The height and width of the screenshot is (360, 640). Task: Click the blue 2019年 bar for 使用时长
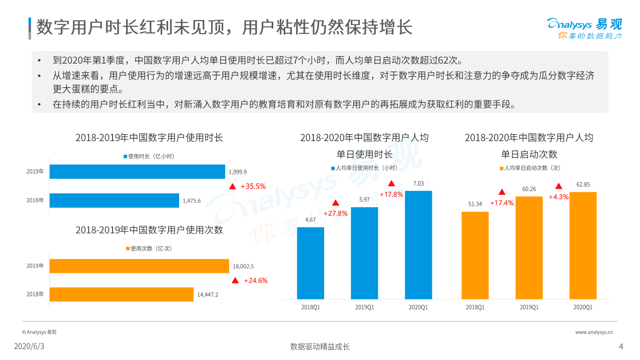[x=137, y=172]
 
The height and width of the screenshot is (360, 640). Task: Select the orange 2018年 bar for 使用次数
[x=121, y=294]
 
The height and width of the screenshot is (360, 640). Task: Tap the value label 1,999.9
[x=238, y=172]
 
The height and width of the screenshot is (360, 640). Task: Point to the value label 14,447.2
[x=208, y=294]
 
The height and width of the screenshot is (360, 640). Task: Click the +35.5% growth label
[x=253, y=186]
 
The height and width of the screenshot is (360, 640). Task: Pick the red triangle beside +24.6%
[x=235, y=280]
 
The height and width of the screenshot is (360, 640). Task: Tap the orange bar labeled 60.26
[x=529, y=247]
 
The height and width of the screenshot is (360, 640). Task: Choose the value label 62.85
[x=583, y=184]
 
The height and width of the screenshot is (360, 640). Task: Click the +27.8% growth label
[x=336, y=213]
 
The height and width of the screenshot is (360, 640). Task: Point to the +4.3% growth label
[x=558, y=197]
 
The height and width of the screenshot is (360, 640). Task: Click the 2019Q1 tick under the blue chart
[x=364, y=307]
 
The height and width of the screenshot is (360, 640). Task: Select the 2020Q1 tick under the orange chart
[x=583, y=307]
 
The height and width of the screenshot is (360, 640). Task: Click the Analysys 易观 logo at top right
[x=584, y=28]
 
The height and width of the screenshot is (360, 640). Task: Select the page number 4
[x=621, y=346]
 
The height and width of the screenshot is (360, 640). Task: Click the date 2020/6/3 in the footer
[x=29, y=346]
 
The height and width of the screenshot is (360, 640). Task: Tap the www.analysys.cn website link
[x=594, y=332]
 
